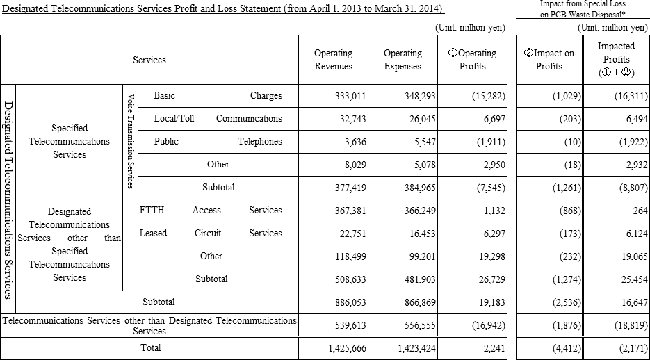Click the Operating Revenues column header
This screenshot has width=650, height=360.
[333, 60]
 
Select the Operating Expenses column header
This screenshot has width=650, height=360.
[403, 60]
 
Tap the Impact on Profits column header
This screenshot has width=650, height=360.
[553, 60]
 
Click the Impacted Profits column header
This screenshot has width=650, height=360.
[616, 59]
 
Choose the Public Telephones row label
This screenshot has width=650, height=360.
[218, 141]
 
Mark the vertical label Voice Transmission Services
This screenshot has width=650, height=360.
[130, 141]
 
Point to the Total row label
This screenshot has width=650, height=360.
[150, 347]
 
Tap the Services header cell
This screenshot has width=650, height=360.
[149, 60]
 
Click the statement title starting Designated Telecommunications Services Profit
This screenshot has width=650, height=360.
[222, 9]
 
